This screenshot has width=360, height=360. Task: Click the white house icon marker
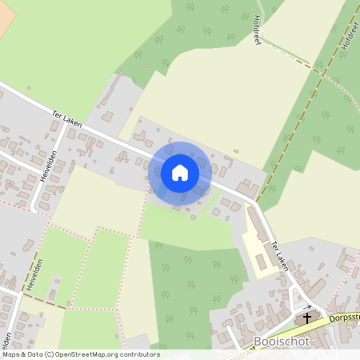pos(180,172)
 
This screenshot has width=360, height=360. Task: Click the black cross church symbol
pos(306,318)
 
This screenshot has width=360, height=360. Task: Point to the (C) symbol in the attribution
pos(49,354)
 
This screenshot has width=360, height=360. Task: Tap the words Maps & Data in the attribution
pos(22,354)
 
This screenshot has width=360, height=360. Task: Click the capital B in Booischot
pos(257,342)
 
